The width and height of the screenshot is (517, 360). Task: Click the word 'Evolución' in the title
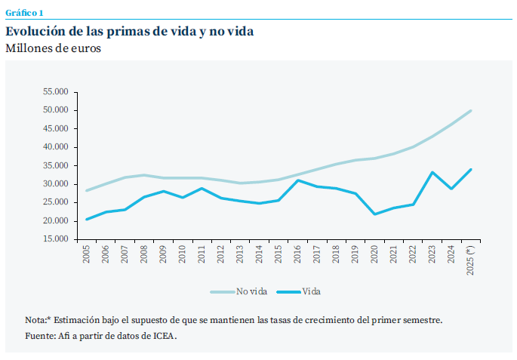[37, 31]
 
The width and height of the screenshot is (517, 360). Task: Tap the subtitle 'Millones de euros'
[53, 48]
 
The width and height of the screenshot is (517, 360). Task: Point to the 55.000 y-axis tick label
[56, 91]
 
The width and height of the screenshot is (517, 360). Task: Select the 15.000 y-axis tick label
[56, 239]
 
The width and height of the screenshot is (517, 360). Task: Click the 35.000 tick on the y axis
[56, 165]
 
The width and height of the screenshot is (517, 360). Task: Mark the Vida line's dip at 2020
[375, 214]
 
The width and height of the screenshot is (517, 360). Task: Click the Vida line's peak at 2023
[432, 172]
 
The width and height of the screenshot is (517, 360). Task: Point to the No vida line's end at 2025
[471, 110]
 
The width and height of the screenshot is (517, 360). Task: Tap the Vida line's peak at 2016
[298, 180]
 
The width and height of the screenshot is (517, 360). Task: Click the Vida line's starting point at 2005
[87, 220]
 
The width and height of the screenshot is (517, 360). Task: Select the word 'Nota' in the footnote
[35, 320]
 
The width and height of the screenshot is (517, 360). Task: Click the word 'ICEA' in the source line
[165, 336]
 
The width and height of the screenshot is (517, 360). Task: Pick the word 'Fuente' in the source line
[40, 336]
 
